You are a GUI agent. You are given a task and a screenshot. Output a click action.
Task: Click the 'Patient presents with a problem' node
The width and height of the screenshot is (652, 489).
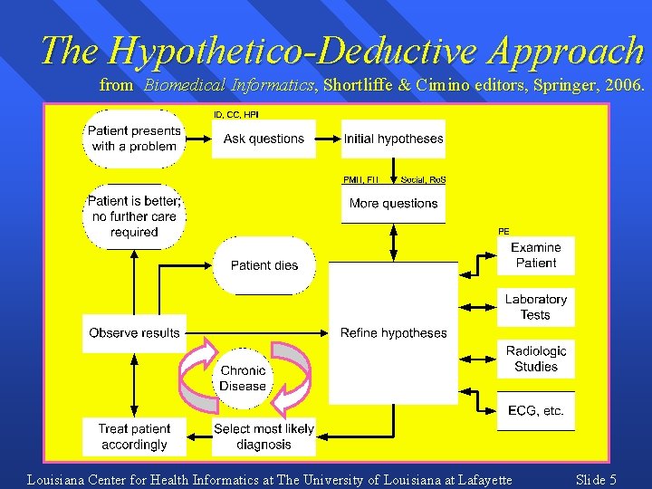pos(134,139)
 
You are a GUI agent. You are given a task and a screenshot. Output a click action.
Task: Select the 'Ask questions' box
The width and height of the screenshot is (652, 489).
pos(264,139)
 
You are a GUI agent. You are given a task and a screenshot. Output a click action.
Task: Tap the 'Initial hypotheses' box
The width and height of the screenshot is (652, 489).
pos(394,139)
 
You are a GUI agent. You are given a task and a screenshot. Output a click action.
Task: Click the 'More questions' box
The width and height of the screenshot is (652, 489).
pos(394,204)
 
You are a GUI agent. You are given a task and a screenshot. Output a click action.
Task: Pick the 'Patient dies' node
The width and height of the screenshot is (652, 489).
pos(264,265)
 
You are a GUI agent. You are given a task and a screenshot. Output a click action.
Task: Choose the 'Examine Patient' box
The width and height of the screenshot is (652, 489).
pos(536,255)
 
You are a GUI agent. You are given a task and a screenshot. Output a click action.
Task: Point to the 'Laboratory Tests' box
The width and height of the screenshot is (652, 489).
pos(536,307)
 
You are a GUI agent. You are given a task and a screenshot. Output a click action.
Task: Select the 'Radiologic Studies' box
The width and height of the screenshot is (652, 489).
pos(536,359)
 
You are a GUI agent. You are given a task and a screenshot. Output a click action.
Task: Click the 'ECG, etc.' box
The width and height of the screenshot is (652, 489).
pos(536,410)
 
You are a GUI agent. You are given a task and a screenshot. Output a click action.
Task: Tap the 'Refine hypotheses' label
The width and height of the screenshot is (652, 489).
pos(394,333)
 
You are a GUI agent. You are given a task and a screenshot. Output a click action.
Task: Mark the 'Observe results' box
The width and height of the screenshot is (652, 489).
pos(134,333)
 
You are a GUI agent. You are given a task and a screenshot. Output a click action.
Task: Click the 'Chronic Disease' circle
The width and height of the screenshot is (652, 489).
pos(243,378)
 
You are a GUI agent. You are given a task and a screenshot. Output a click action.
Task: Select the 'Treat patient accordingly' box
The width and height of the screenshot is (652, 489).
pos(134,436)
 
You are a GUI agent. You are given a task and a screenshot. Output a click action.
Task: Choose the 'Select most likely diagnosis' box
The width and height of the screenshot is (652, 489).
pos(264,436)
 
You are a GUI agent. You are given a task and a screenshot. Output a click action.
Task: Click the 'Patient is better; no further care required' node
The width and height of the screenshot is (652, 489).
pos(134,216)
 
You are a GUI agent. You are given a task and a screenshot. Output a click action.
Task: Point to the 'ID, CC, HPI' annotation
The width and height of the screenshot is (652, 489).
pos(235,115)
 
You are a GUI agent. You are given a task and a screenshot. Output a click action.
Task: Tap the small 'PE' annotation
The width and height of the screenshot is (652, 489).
pos(503,231)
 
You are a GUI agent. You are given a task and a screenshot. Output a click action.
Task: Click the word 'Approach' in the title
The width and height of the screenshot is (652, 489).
pos(564,51)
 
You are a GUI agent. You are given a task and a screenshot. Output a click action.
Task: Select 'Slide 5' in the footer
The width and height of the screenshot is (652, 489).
pos(596,480)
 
